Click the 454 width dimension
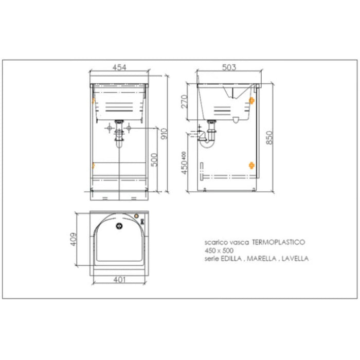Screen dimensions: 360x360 pyautogui.click(x=119, y=66)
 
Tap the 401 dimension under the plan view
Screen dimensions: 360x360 pyautogui.click(x=119, y=281)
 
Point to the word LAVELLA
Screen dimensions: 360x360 pyautogui.click(x=295, y=259)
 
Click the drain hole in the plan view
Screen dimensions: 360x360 pyautogui.click(x=119, y=225)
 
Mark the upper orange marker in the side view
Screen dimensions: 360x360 pyautogui.click(x=251, y=100)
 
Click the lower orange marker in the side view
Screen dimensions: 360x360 pyautogui.click(x=251, y=165)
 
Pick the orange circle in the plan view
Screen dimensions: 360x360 pyautogui.click(x=136, y=217)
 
